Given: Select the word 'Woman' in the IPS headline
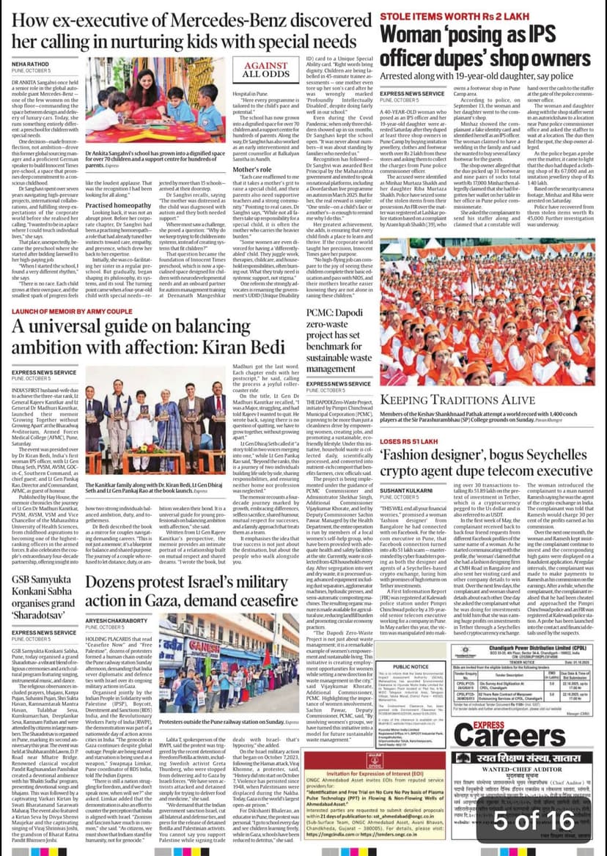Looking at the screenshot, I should click(x=413, y=34).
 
